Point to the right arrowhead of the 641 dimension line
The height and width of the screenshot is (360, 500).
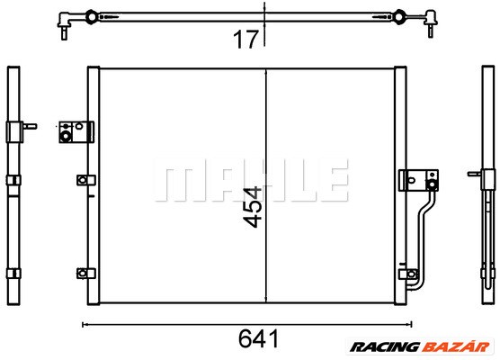pyautogui.click(x=409, y=324)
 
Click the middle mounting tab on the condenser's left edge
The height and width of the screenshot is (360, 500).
pyautogui.click(x=84, y=180)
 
